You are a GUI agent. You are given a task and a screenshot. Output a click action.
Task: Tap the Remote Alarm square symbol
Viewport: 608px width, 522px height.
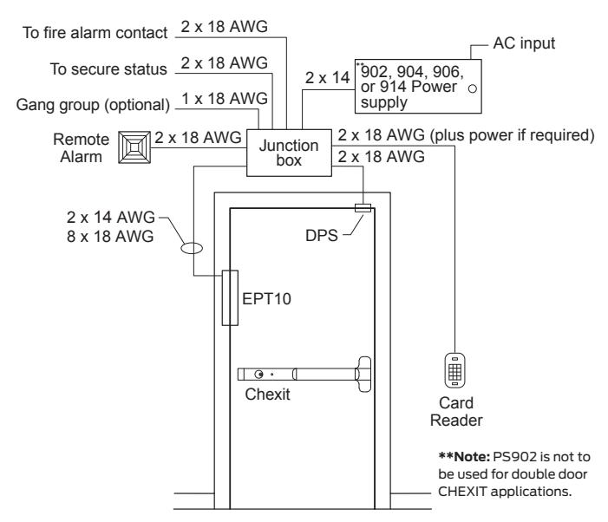click(134, 147)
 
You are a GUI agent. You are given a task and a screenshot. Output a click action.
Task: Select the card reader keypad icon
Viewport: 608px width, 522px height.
click(454, 370)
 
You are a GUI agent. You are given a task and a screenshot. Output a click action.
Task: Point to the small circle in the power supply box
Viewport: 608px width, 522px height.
click(473, 88)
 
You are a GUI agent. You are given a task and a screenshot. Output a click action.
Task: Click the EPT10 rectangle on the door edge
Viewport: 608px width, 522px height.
click(230, 297)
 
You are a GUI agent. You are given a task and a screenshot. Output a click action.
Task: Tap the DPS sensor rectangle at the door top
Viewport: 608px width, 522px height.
click(363, 208)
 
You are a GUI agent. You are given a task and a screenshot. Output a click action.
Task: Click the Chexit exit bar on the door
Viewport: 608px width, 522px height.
click(304, 374)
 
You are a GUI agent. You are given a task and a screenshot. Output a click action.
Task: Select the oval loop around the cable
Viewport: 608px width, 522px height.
click(192, 248)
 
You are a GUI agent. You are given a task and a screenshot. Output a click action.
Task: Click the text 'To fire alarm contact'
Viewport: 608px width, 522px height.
click(95, 33)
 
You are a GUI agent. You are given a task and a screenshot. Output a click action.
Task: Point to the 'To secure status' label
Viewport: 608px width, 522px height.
click(108, 69)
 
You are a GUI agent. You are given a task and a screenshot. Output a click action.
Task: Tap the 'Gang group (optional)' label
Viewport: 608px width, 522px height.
click(93, 105)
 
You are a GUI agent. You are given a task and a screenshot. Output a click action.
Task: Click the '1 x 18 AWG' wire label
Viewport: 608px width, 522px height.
click(225, 99)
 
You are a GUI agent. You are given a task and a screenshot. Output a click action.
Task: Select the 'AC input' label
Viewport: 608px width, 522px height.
click(524, 43)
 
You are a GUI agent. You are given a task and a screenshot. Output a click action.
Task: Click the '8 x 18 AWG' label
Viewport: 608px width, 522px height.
click(110, 236)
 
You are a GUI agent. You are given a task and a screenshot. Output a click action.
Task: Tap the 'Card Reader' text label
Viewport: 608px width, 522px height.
click(456, 412)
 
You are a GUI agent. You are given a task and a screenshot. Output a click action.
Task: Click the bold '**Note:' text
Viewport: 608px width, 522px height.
click(464, 456)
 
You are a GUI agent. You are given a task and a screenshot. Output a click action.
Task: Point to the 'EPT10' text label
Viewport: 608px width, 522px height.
click(266, 299)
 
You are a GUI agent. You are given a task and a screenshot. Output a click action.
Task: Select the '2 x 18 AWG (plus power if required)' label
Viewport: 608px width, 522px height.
click(466, 135)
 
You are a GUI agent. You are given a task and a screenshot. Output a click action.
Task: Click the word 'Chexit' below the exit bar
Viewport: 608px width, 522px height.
click(267, 395)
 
